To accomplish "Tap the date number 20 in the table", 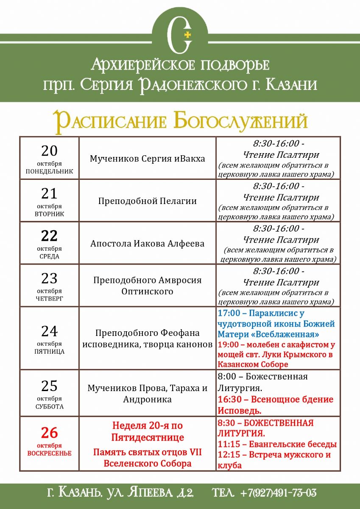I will [49, 151].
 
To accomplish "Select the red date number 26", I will [49, 433].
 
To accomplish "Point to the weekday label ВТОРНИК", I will [49, 214].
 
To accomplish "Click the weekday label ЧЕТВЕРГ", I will [49, 299].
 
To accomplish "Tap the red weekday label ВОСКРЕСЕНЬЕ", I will [49, 453].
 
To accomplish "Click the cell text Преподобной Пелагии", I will [147, 201].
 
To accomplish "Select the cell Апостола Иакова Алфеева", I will [147, 243].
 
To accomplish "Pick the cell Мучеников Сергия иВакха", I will [147, 159].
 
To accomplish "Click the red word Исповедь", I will [239, 411].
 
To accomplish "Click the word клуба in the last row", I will [229, 465].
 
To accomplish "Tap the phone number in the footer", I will [278, 493].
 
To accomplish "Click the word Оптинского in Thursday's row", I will [147, 291].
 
